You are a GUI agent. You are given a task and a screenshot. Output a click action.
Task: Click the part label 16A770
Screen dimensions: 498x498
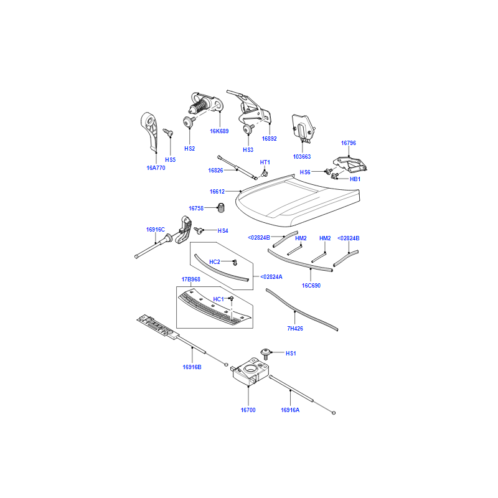point(156,168)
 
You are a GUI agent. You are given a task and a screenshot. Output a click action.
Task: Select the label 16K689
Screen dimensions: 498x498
point(219,131)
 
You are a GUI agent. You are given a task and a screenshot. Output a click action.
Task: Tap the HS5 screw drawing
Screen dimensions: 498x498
point(168,133)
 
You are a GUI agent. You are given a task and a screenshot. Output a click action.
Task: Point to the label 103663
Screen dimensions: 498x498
point(302,157)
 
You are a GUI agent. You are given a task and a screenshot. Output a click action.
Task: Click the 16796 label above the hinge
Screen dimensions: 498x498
point(349,143)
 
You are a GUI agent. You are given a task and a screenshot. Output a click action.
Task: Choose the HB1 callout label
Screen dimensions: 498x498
point(355,179)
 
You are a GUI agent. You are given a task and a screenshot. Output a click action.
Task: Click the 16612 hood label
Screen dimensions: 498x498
point(217,192)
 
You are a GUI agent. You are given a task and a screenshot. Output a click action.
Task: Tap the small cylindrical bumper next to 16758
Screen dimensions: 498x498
point(221,208)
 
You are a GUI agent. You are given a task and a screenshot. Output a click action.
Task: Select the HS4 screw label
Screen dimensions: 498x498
point(223,231)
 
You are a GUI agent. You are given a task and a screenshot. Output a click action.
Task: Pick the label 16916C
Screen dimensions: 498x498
point(155,229)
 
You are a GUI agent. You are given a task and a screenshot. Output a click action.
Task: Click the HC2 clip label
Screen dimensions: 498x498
point(214,261)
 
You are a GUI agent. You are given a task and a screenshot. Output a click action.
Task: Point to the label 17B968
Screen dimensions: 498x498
point(190,279)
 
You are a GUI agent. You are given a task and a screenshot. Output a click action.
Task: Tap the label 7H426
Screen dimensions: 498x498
point(295,329)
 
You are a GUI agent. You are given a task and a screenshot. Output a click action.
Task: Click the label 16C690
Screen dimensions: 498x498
point(311,286)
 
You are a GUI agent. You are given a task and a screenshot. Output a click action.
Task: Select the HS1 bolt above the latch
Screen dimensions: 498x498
point(266,354)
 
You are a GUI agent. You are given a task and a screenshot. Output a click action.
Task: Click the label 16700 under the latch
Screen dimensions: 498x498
point(248,410)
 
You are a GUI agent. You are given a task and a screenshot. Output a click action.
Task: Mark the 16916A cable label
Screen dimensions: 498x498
point(290,410)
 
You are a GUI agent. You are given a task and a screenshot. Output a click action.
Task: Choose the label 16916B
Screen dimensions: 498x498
point(192,367)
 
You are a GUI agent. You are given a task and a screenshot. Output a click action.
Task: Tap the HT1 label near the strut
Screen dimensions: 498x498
point(265,162)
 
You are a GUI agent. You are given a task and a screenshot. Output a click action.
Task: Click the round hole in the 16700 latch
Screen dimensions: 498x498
point(251,369)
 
